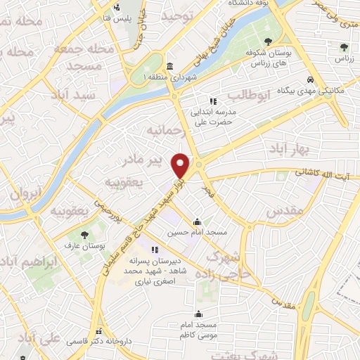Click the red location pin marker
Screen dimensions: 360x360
click(x=181, y=165)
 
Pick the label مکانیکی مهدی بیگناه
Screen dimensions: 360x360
click(x=289, y=91)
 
